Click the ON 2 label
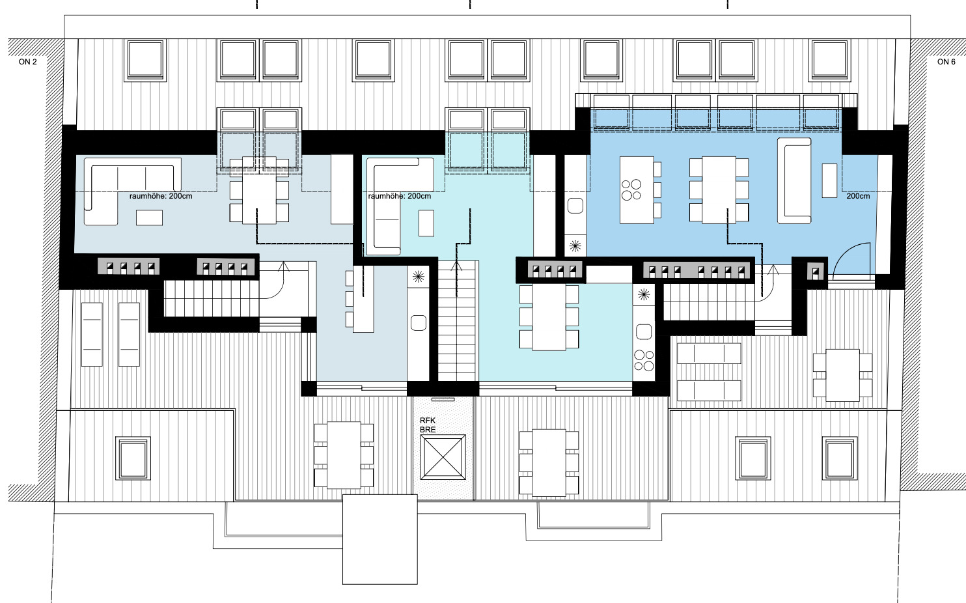point(27,62)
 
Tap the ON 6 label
point(946,62)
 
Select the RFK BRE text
point(428,425)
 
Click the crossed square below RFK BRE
point(443,457)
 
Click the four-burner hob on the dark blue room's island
point(631,190)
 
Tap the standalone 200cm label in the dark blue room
point(858,196)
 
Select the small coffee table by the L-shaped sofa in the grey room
point(149,217)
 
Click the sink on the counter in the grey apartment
point(419,323)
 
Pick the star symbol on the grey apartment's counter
point(419,277)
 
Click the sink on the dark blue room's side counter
point(575,206)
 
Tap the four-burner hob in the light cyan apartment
point(644,361)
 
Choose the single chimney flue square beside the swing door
point(816,273)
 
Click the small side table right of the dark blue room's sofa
point(829,180)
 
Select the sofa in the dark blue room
point(794,181)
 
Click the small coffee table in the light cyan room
point(426,223)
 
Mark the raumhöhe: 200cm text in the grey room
point(161,196)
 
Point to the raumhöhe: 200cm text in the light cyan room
point(399,196)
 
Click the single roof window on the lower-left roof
point(133,458)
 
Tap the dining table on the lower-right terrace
point(843,375)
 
